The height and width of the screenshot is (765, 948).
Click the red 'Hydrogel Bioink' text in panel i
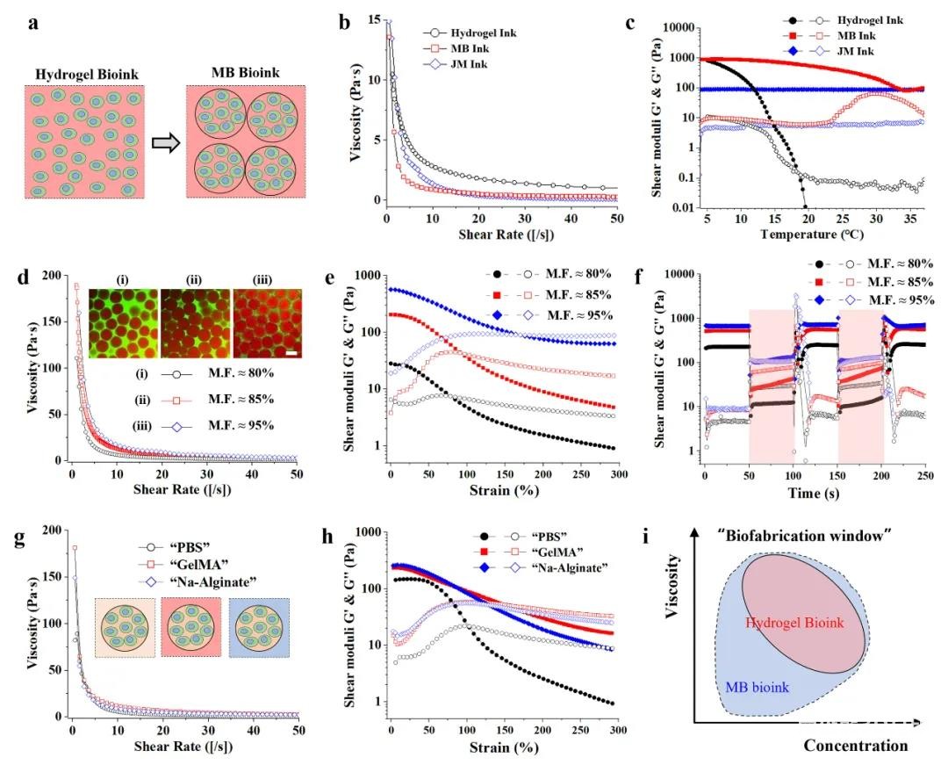pos(795,622)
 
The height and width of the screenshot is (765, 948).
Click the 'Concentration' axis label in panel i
pos(856,746)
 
